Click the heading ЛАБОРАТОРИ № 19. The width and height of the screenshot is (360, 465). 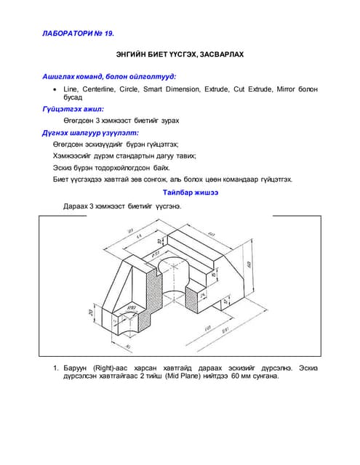tap(78, 33)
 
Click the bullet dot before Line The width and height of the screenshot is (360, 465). tap(56, 89)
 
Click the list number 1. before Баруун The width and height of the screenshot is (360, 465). tap(55, 368)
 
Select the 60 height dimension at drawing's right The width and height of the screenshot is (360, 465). tap(249, 263)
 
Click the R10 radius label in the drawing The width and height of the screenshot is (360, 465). tap(132, 307)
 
